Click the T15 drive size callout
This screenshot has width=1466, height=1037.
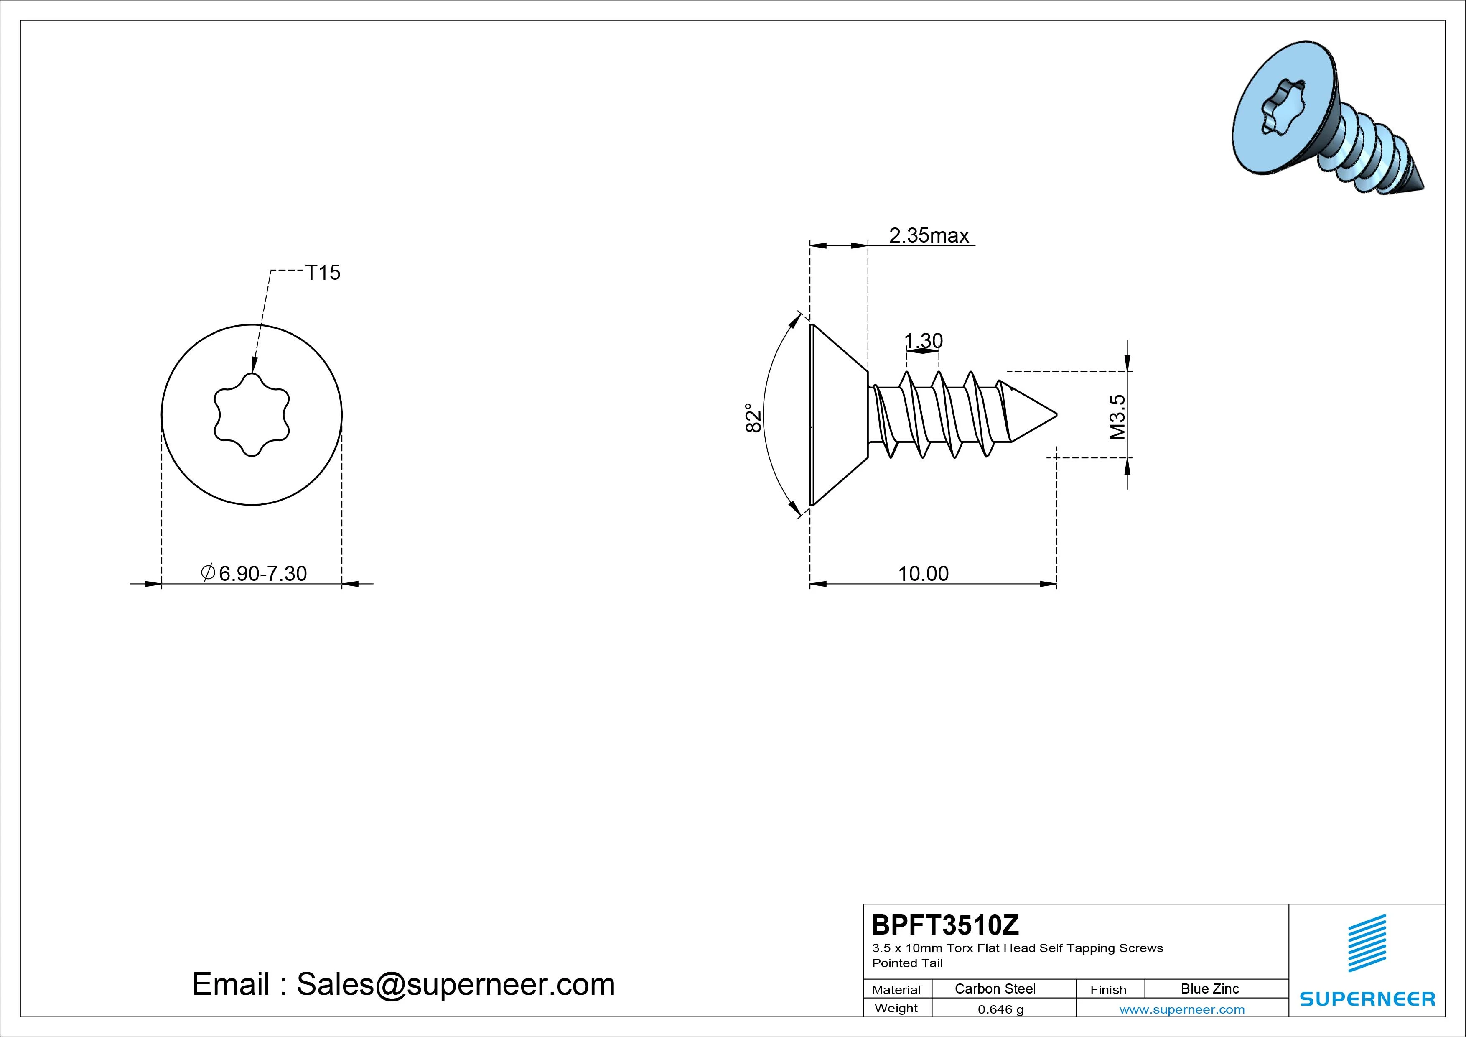(x=323, y=273)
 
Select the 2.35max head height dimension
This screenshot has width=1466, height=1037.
(x=929, y=236)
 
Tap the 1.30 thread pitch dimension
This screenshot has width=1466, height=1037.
(x=923, y=340)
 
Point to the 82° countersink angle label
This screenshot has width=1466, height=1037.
(x=754, y=418)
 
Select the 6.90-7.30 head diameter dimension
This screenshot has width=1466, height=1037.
(x=254, y=573)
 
